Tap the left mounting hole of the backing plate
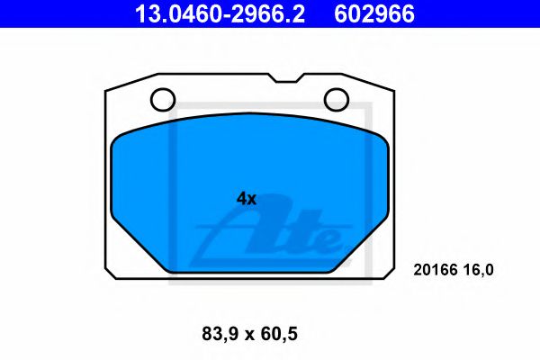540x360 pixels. (x=162, y=99)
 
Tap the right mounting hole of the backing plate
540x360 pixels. (x=336, y=99)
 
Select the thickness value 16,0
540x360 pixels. (x=479, y=268)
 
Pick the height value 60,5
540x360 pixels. (x=278, y=334)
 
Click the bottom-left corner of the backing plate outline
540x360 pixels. (x=109, y=274)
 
